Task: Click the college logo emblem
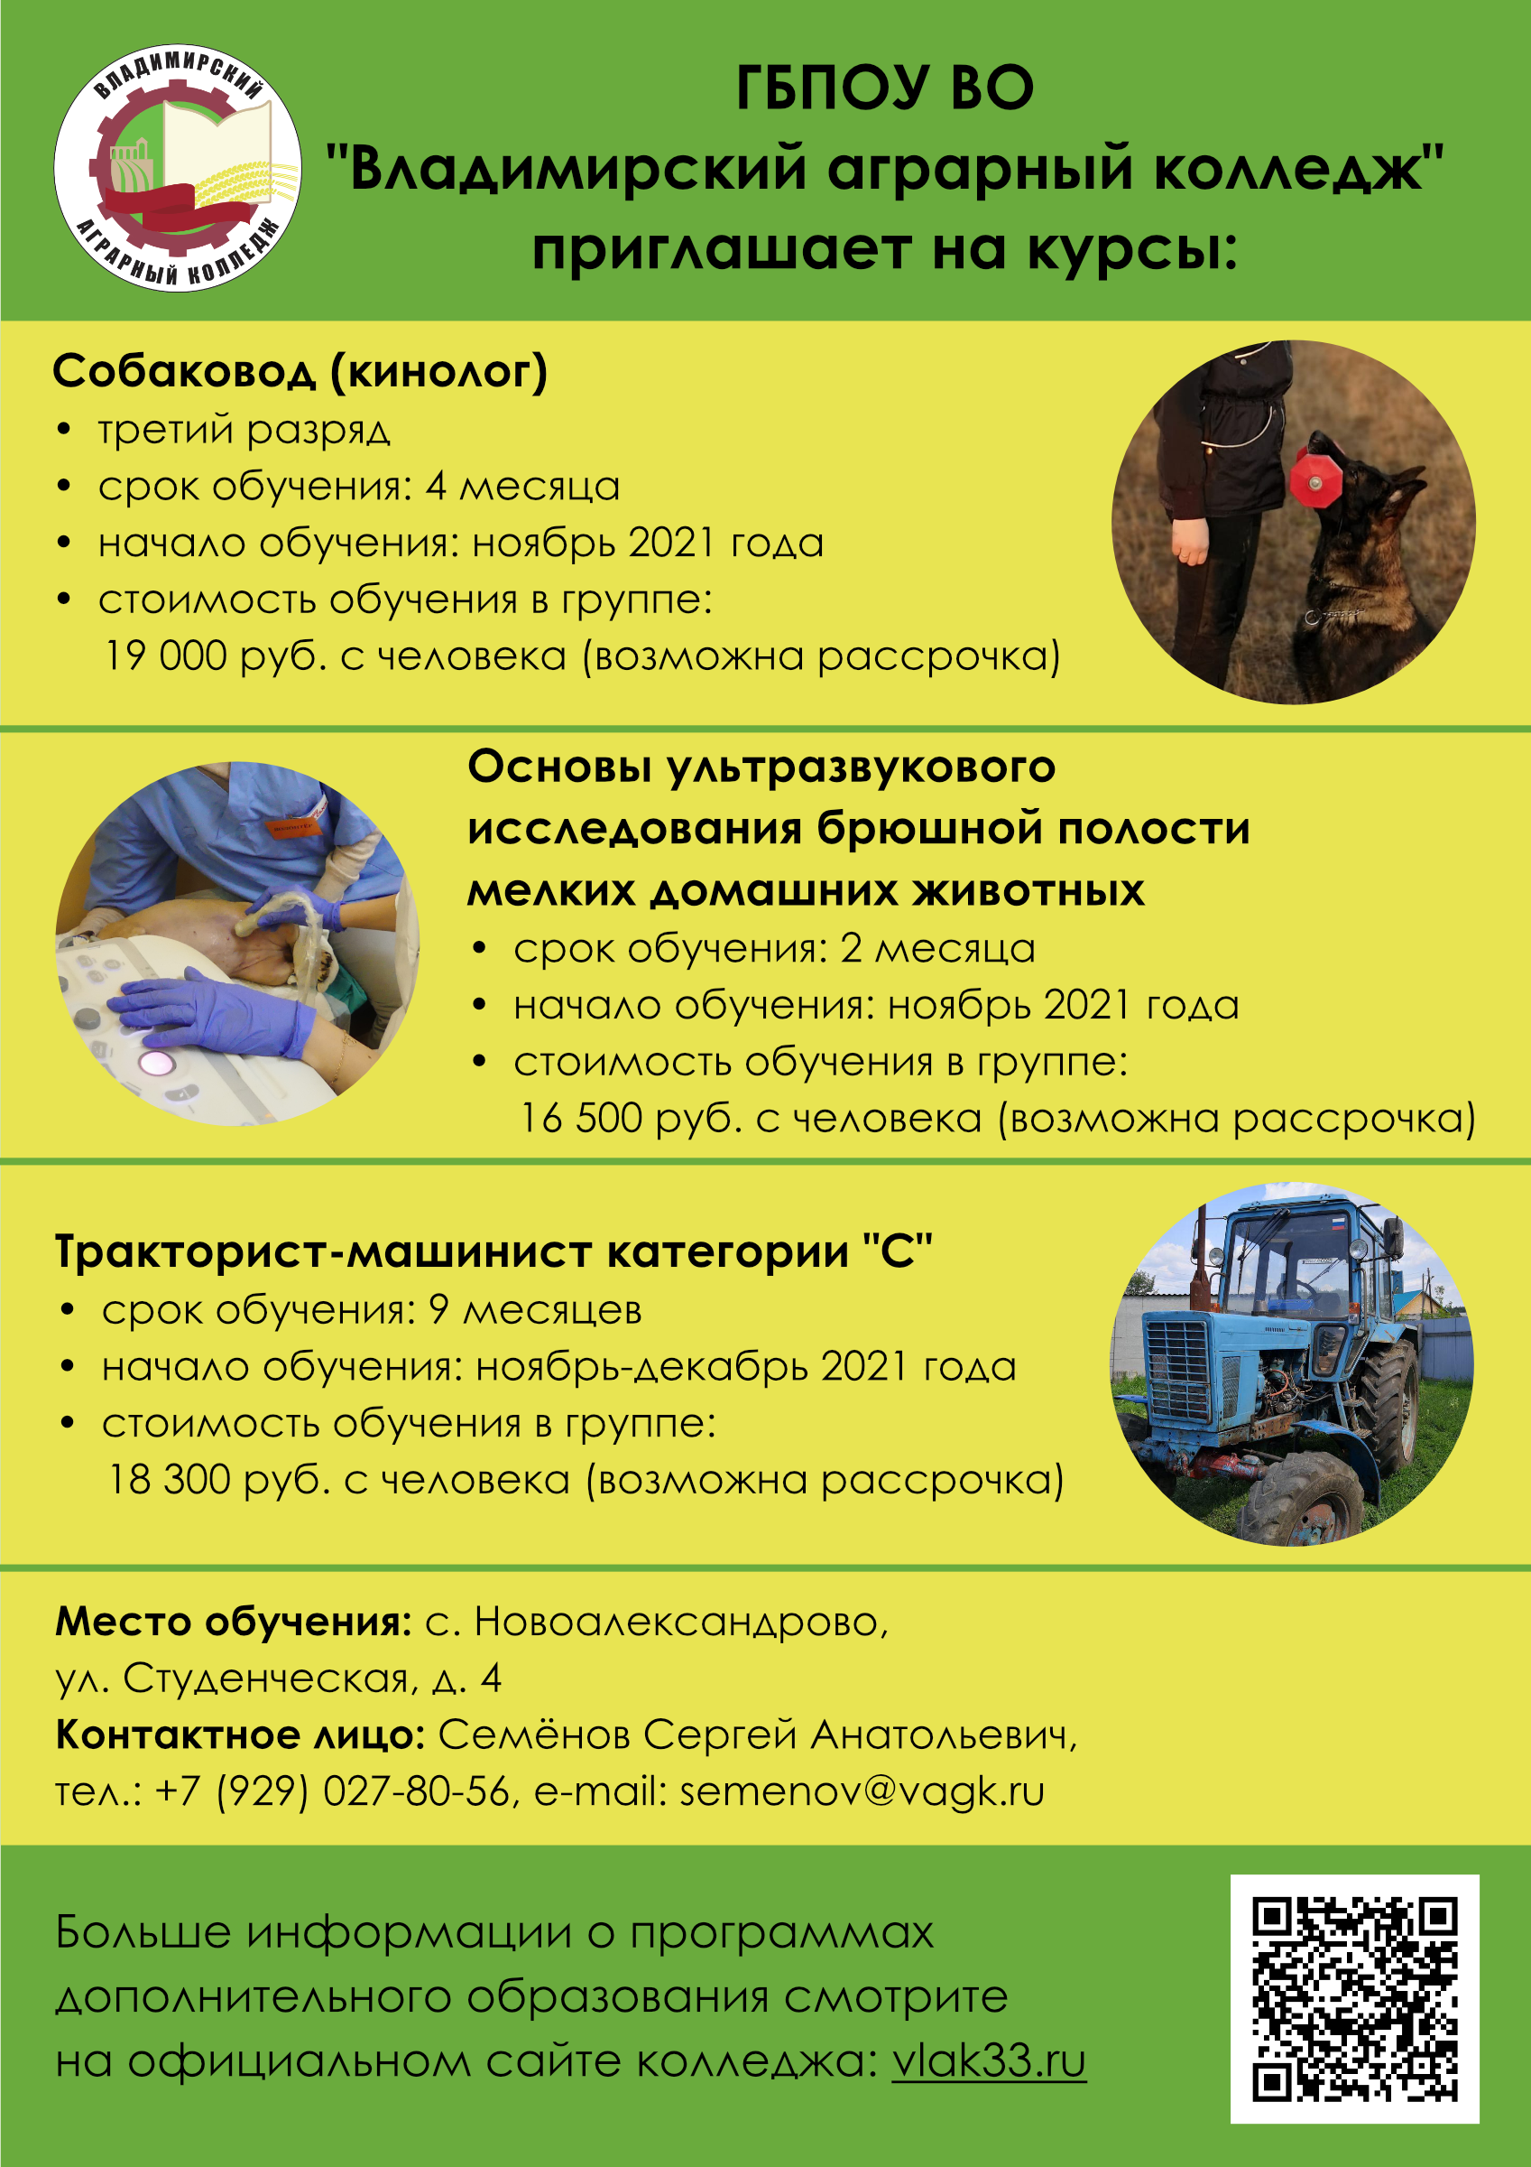pyautogui.click(x=178, y=167)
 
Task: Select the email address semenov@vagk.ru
pyautogui.click(x=862, y=1790)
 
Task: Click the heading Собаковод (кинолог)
pyautogui.click(x=300, y=371)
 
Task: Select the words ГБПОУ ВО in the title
pyautogui.click(x=885, y=88)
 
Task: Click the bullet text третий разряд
pyautogui.click(x=244, y=430)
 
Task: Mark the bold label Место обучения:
pyautogui.click(x=233, y=1622)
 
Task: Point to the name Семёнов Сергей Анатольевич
pyautogui.click(x=758, y=1735)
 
